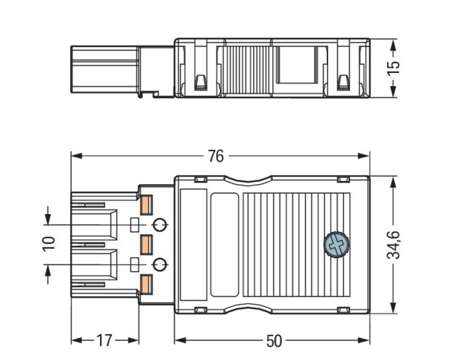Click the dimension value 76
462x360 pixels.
[x=216, y=156]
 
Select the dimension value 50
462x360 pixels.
[x=274, y=341]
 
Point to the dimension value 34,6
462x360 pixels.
[x=393, y=245]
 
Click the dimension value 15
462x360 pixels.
[x=393, y=68]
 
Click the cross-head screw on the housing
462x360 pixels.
[x=337, y=244]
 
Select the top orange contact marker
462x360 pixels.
[x=146, y=205]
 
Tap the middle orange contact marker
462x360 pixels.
[x=146, y=245]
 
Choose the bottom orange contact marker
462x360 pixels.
[x=146, y=284]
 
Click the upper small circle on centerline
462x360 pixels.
[x=160, y=225]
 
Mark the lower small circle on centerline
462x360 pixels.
[x=160, y=265]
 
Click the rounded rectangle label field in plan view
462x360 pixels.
[x=225, y=245]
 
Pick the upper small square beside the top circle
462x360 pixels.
[x=134, y=225]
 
